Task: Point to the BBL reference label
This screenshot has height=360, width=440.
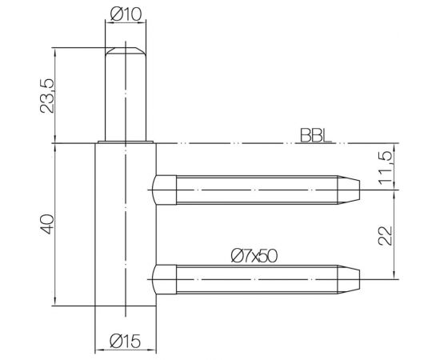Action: (x=318, y=137)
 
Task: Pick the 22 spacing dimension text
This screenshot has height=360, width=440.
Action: (x=387, y=234)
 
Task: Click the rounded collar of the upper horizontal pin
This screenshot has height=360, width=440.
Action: (x=164, y=190)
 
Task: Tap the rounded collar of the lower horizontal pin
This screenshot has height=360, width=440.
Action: (x=164, y=279)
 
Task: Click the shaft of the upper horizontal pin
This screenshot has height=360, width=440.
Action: (x=256, y=190)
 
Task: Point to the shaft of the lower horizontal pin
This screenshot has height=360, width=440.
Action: (x=256, y=279)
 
